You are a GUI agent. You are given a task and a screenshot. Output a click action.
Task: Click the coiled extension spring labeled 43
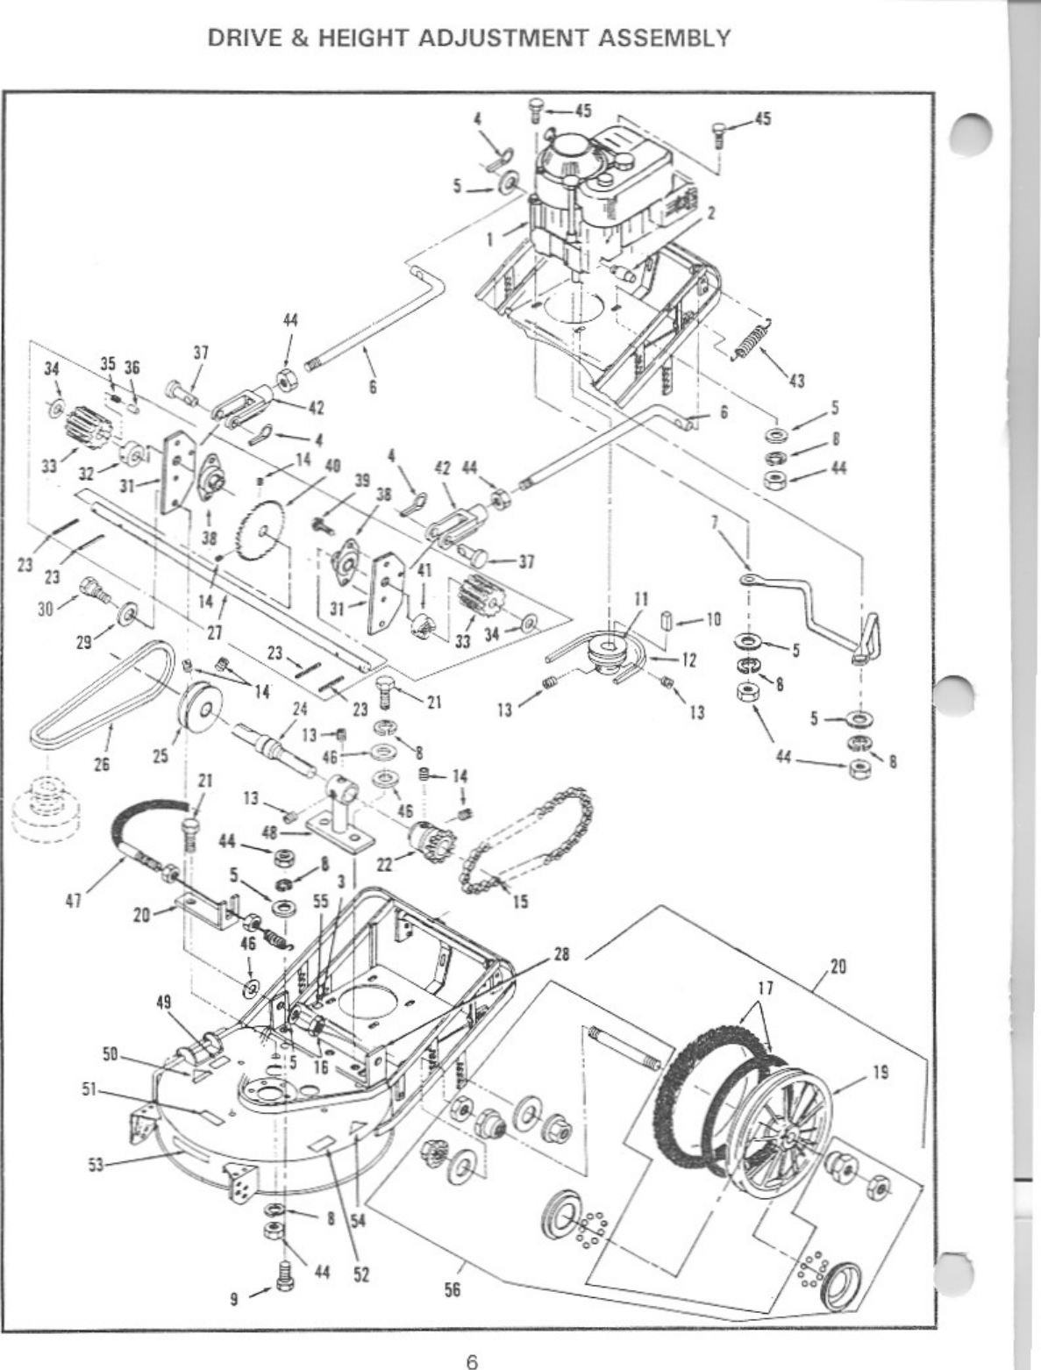click(x=751, y=339)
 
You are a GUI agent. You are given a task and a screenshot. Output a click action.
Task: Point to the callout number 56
click(x=453, y=1288)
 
